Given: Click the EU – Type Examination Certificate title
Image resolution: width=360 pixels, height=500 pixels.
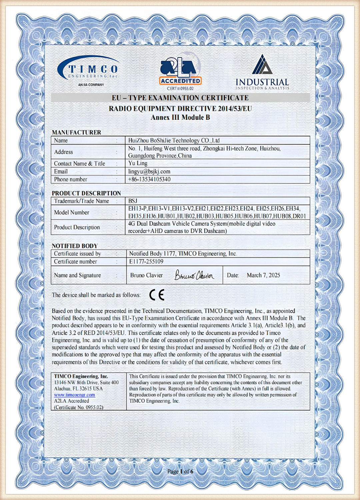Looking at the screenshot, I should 180,98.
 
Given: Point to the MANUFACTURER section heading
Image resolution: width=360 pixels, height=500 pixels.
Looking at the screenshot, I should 76,132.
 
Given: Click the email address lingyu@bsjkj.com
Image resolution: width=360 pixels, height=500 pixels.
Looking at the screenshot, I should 149,171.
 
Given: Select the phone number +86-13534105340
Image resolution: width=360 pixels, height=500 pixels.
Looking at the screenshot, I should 149,179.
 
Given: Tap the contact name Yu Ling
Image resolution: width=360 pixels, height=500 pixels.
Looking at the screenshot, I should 138,163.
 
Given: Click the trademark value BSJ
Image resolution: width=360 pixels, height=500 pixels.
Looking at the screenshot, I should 133,201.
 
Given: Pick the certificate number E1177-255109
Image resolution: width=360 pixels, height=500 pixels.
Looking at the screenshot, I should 146,262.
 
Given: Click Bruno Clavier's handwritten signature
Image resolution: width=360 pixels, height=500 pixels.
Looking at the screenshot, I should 195,275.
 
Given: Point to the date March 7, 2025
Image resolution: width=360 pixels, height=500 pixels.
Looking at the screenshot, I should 263,275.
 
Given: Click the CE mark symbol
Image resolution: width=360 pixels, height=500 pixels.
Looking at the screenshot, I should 157,295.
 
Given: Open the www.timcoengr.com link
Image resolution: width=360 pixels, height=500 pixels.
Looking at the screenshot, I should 75,395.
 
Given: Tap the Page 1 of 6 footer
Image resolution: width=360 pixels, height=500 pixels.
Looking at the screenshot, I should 180,471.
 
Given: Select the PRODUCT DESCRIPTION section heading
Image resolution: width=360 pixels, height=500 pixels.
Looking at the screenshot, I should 86,193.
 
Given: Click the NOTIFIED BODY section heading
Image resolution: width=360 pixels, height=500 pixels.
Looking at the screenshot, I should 75,246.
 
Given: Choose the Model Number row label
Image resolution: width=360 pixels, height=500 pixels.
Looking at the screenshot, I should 72,212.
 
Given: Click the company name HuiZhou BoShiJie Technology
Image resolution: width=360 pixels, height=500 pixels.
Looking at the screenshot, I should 174,141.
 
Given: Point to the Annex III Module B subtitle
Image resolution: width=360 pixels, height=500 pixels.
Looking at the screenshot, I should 180,117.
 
